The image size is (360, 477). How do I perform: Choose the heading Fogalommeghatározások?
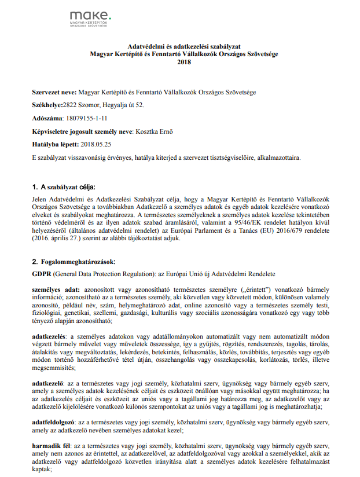[79, 261]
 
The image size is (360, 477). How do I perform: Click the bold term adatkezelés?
[49, 336]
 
